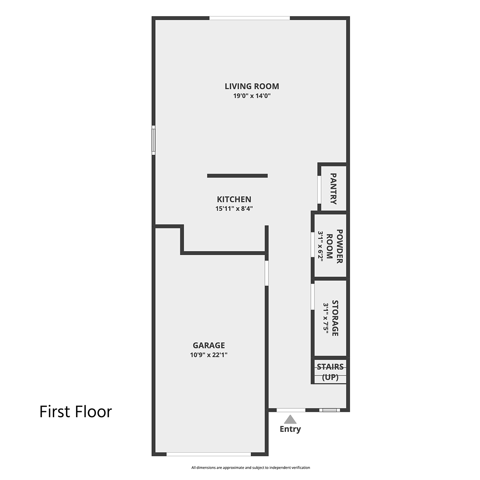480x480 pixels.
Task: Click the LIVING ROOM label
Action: pos(252,86)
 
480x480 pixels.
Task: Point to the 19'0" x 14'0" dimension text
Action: pos(252,96)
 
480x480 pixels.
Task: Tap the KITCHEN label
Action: pos(234,199)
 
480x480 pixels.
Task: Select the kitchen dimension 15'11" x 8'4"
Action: pos(234,208)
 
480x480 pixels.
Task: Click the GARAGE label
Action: pos(209,345)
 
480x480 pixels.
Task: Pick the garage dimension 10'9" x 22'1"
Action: pos(209,355)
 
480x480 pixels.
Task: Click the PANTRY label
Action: pos(333,189)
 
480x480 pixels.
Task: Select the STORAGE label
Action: pos(335,318)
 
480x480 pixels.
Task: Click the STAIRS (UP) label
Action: pos(330,372)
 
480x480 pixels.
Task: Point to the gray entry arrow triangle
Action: pos(290,419)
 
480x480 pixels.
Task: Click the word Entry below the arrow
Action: pos(290,429)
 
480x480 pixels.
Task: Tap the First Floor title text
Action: pos(76,412)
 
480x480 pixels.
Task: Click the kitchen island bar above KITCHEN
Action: pos(237,176)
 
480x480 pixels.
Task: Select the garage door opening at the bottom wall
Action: pos(209,454)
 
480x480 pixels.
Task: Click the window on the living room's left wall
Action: pos(154,140)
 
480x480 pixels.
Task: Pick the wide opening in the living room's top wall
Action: pos(250,18)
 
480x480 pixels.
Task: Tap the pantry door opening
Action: pos(319,190)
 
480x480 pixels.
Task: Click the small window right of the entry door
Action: pos(330,410)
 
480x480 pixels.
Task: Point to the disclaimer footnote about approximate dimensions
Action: pos(250,468)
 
